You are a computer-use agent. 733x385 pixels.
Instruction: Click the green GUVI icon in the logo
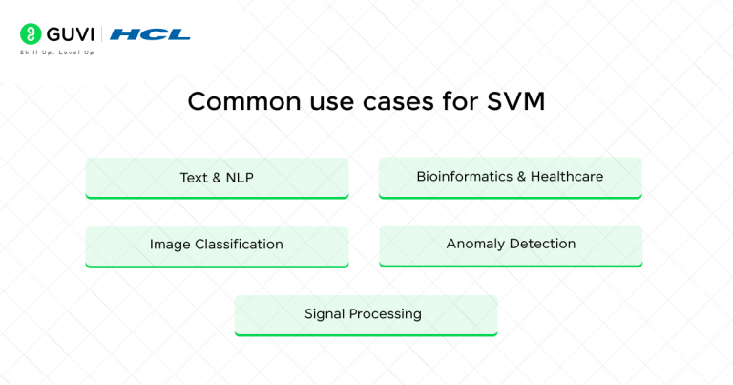(30, 33)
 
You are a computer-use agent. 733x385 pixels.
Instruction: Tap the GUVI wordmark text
(68, 34)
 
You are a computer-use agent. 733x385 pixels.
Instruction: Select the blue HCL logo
(150, 34)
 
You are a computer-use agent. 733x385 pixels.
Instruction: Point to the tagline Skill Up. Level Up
(57, 53)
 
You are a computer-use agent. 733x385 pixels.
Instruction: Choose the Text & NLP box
(217, 178)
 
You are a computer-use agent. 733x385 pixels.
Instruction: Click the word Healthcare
(567, 177)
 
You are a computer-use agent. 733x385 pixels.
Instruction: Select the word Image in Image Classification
(170, 245)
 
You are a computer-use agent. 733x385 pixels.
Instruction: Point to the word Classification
(239, 245)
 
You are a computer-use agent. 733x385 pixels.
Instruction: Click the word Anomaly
(474, 244)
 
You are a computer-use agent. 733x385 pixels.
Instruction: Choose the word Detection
(541, 244)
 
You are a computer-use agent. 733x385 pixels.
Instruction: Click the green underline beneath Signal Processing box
(366, 334)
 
